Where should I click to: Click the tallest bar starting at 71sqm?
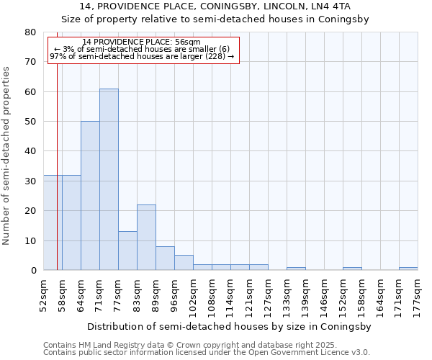tap(109, 179)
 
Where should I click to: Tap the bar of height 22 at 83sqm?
tap(146, 238)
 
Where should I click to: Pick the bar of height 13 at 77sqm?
tap(127, 251)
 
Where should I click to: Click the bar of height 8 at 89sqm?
tap(165, 258)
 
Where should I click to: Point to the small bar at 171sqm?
tap(408, 269)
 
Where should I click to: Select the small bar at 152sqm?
tap(352, 269)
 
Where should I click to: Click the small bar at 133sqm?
tap(296, 269)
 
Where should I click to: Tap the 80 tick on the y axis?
tap(30, 32)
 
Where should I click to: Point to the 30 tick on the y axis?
tap(30, 181)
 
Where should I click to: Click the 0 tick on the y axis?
tap(33, 271)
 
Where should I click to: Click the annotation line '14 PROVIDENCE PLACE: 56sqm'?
tap(142, 42)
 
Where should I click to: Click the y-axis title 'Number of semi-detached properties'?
tap(6, 156)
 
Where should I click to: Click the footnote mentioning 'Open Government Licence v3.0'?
tap(207, 353)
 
